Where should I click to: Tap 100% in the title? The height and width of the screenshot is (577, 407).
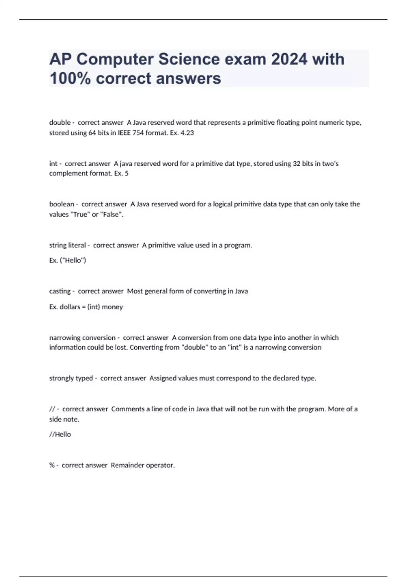[x=70, y=78]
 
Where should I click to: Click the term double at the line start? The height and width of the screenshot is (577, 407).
[x=60, y=123]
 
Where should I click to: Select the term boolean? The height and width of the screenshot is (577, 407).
[x=61, y=204]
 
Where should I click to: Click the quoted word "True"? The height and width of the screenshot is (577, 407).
[x=80, y=215]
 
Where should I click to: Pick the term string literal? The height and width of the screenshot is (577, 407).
[x=67, y=245]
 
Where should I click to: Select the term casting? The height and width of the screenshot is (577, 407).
[x=60, y=291]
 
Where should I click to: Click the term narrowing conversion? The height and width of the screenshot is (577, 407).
[x=82, y=338]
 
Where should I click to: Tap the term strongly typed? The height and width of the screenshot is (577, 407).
[x=71, y=378]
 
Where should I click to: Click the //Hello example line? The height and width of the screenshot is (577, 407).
[x=60, y=434]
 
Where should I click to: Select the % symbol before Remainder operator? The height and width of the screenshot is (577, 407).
[x=52, y=465]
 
